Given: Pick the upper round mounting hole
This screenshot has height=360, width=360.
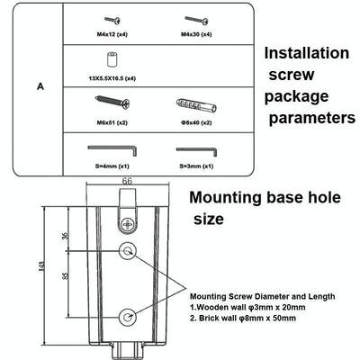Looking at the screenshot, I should pos(129,249).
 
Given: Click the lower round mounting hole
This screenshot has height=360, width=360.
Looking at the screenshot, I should pos(129,315).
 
